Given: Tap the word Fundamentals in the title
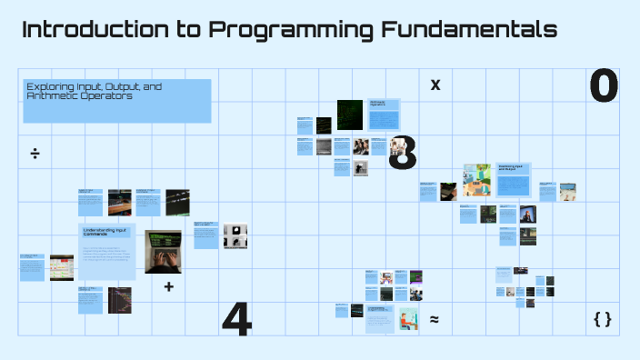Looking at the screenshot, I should click(469, 30).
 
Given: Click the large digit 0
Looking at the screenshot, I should click(604, 85).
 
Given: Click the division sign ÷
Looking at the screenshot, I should click(35, 153).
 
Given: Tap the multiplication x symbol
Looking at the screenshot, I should click(435, 85).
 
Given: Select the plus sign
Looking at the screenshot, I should click(168, 286).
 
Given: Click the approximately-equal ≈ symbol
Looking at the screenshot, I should click(435, 319).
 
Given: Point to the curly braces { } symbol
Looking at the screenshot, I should click(602, 319).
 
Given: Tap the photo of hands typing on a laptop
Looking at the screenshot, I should click(166, 252).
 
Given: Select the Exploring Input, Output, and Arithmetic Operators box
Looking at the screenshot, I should click(116, 100).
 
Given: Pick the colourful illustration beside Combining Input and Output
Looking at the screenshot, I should click(477, 180).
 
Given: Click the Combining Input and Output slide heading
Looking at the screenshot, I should click(511, 169).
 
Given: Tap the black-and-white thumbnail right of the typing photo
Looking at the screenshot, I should click(235, 235).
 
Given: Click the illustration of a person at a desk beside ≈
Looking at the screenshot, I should click(405, 319).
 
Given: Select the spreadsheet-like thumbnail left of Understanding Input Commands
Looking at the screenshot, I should click(62, 267).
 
